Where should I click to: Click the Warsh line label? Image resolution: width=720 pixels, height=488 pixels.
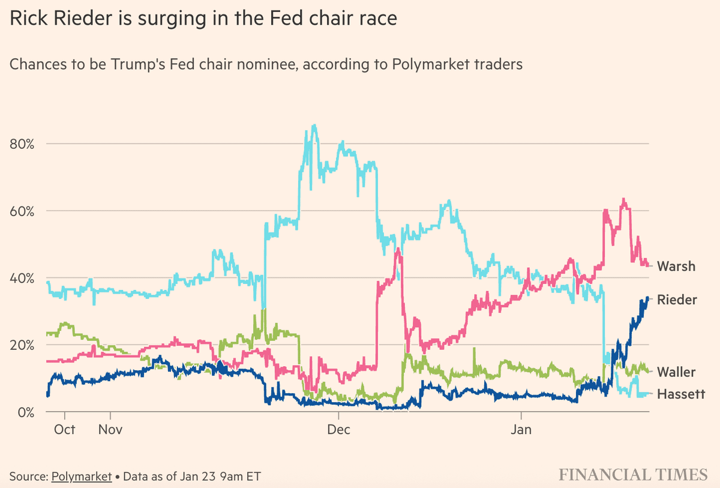pos(676,266)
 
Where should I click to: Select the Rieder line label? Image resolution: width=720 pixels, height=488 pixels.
pos(677,300)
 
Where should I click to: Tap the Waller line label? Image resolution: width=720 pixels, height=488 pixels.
pos(676,372)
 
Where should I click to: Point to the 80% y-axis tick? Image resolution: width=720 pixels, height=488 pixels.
pos(23,144)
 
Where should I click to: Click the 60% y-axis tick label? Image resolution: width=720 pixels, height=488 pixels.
pos(23,211)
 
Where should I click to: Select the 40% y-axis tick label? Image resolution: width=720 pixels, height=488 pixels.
pos(23,279)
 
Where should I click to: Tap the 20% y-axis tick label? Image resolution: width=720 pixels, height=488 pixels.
pos(23,345)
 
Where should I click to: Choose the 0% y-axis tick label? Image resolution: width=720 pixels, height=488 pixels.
pos(27,412)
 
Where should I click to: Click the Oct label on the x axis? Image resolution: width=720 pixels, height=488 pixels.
pos(64,430)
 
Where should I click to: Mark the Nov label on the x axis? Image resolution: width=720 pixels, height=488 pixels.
pos(110,430)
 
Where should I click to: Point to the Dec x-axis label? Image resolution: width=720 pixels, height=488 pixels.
pos(339,430)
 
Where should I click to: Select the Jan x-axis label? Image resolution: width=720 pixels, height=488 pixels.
pos(521,430)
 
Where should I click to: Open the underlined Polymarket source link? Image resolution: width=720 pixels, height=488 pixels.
pos(82,477)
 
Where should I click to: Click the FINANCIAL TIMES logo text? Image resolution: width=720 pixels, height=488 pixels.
pos(633,475)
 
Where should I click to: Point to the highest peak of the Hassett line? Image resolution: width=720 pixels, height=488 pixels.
pos(314,125)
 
